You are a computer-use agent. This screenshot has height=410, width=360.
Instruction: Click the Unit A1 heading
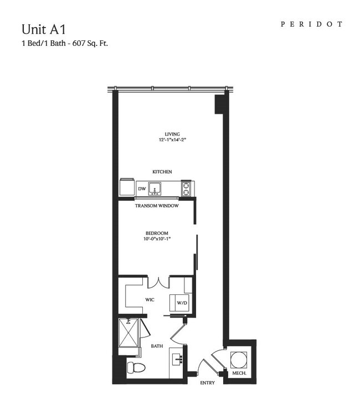tap(43, 29)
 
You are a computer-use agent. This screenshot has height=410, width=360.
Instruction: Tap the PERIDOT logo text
tap(312, 24)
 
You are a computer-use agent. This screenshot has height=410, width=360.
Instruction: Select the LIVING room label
tap(172, 134)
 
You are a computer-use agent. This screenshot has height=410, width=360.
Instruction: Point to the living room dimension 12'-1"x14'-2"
tap(172, 139)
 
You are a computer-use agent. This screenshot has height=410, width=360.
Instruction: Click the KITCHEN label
tap(162, 172)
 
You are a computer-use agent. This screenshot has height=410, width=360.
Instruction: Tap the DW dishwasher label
tap(142, 189)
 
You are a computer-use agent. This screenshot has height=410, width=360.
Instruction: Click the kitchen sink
tap(155, 189)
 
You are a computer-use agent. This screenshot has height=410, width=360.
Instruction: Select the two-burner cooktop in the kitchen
tap(186, 189)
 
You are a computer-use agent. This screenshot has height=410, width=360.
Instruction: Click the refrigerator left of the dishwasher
tap(127, 187)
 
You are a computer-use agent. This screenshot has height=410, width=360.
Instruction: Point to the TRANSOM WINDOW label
tap(157, 206)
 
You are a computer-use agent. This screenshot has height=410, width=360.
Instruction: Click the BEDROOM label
tap(157, 233)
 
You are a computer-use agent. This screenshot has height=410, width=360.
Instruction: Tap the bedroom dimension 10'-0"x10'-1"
tap(157, 238)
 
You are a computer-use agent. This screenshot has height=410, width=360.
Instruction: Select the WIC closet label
tap(150, 300)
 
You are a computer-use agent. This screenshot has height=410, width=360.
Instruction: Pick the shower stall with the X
tap(128, 333)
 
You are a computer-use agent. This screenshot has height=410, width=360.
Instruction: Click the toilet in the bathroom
tap(136, 368)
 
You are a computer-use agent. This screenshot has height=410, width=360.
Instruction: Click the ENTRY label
tap(207, 383)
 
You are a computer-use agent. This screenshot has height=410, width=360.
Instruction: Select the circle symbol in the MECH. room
tap(238, 360)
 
